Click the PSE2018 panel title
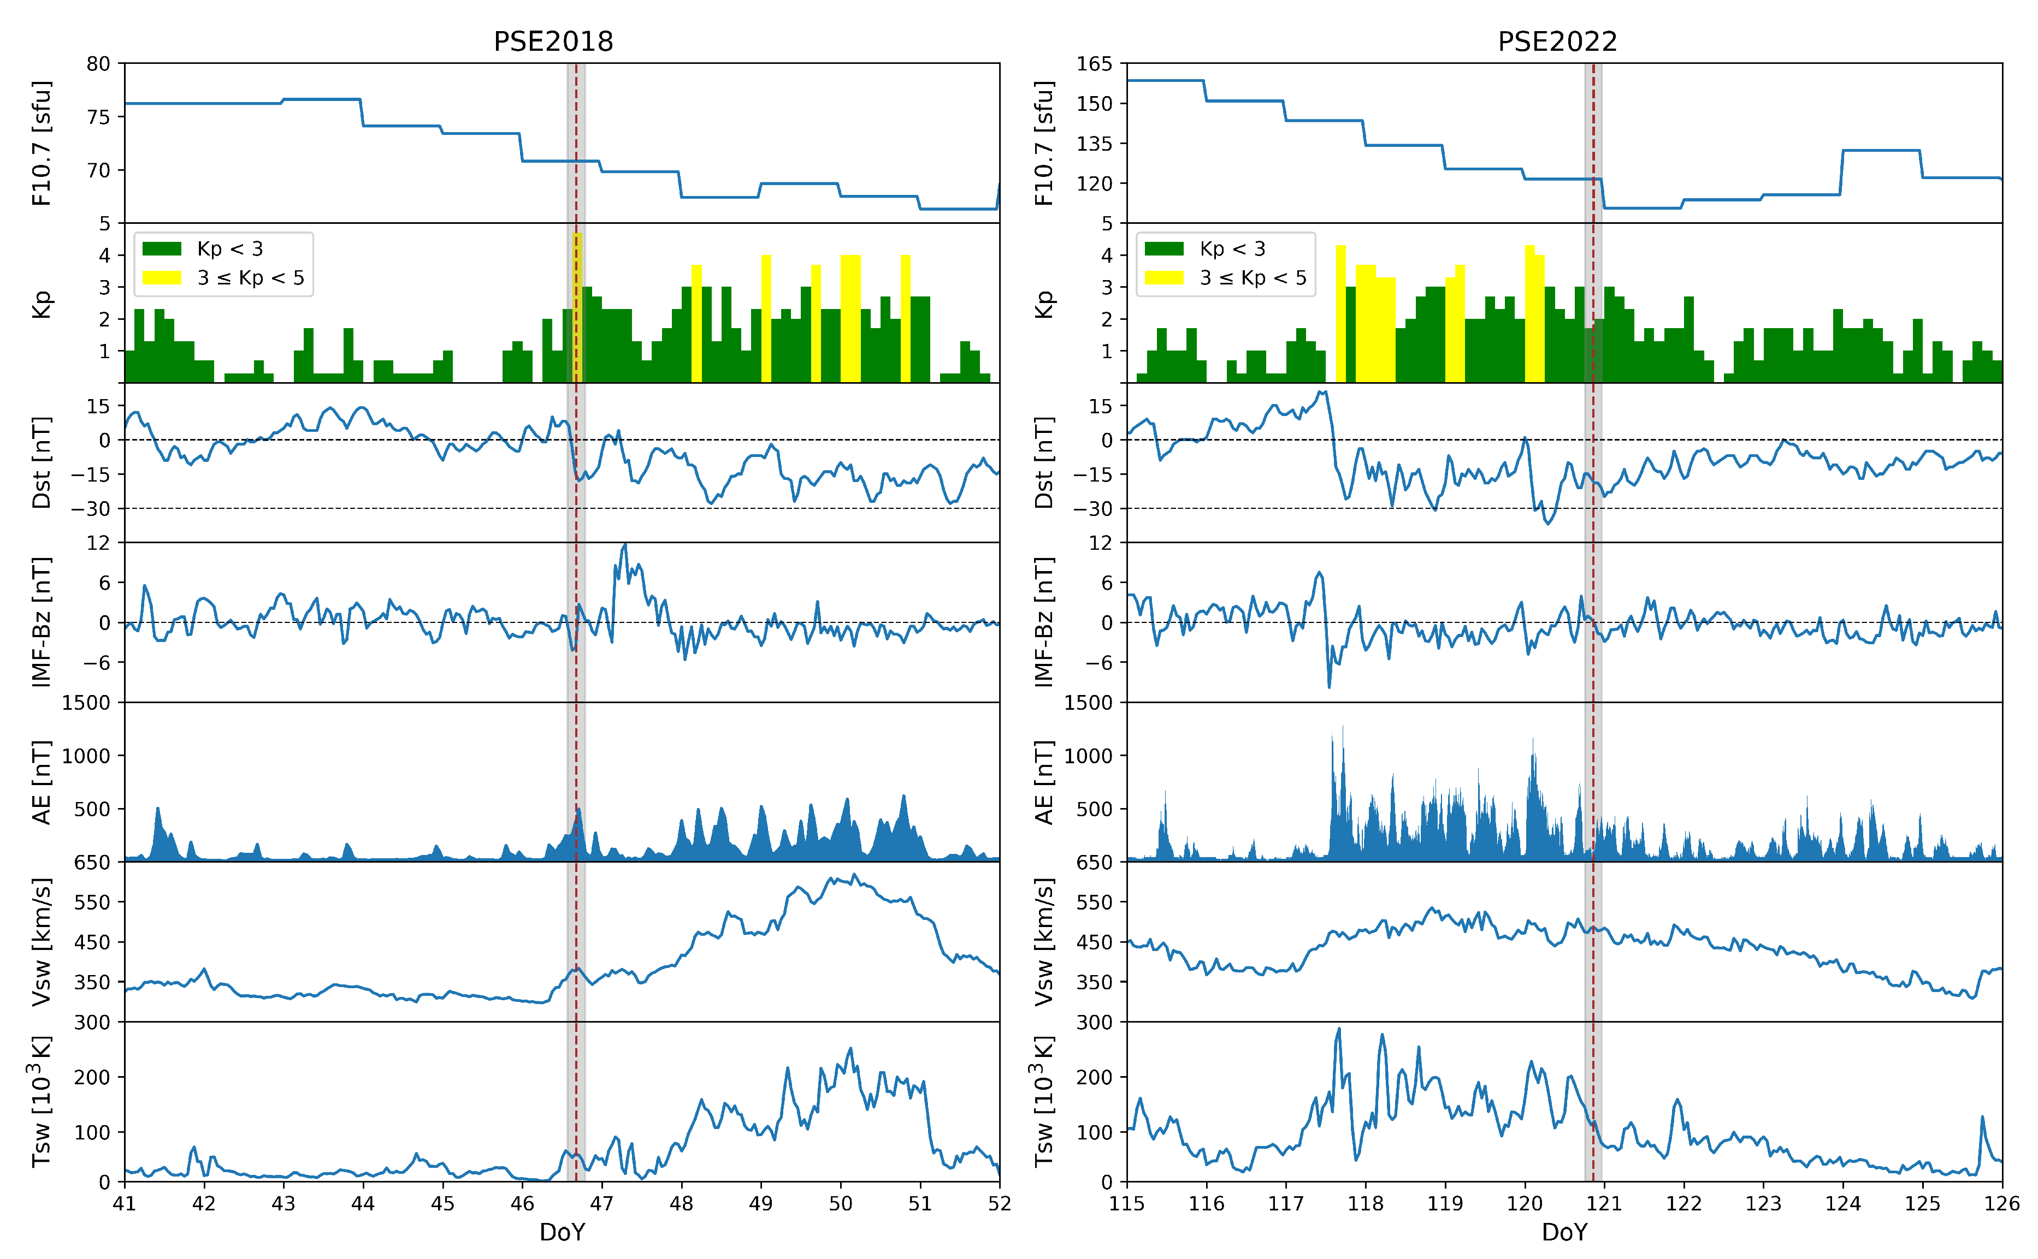553,41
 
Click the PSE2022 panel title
1557,41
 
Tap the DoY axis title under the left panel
562,1232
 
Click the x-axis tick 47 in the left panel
601,1203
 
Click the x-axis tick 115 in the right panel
1127,1203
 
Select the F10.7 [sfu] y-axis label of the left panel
42,143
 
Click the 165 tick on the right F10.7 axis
1094,64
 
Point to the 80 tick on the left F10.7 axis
98,64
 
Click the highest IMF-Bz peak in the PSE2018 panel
625,545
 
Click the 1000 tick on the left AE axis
86,756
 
